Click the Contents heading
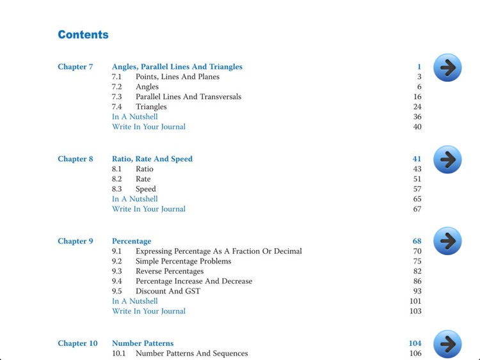[83, 35]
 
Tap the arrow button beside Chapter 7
[447, 68]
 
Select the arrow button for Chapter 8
[447, 160]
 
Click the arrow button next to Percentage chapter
[447, 241]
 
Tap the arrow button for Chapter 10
[447, 344]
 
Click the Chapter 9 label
[76, 241]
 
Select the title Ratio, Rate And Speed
[152, 159]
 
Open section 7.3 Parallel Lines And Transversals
[188, 97]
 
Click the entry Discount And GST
[168, 292]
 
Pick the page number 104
[415, 343]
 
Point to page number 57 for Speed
[417, 189]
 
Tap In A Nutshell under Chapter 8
[134, 199]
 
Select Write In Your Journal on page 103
[148, 311]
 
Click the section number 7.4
[117, 107]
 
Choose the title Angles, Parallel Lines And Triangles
[177, 67]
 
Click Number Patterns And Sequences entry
[191, 354]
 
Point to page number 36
[417, 117]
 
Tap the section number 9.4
[117, 281]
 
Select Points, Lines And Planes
[177, 77]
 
